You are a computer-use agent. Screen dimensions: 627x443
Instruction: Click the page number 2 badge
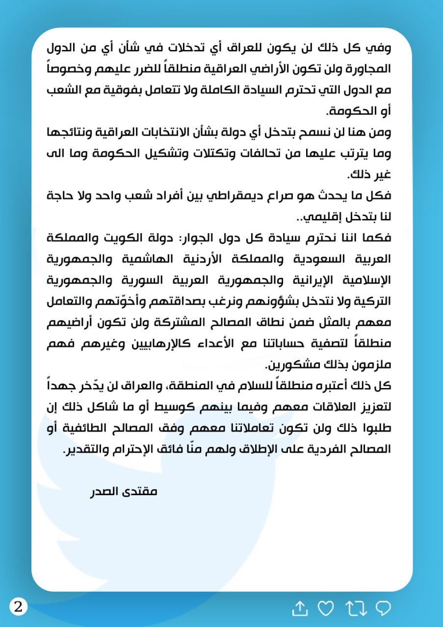click(x=19, y=607)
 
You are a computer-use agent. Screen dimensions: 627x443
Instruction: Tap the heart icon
click(x=325, y=608)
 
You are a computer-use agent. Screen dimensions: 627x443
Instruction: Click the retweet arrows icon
click(x=356, y=608)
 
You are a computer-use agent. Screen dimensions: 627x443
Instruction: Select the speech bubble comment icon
click(x=383, y=608)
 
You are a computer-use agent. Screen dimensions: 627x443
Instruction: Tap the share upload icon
click(x=299, y=608)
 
